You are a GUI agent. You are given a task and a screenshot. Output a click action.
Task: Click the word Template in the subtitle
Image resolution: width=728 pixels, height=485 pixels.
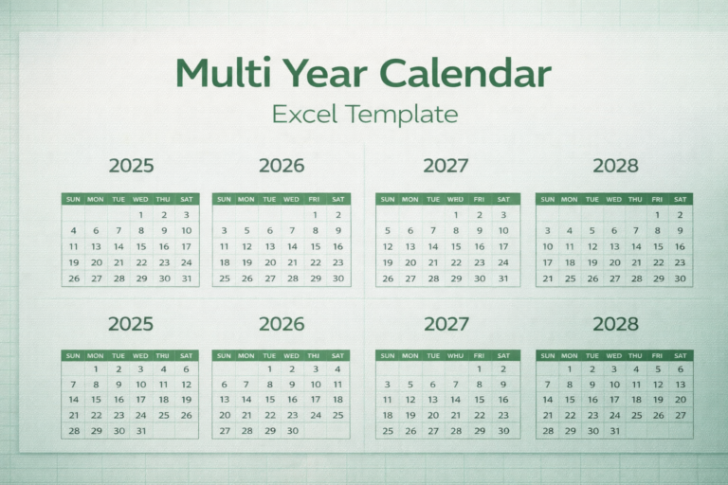[x=401, y=116]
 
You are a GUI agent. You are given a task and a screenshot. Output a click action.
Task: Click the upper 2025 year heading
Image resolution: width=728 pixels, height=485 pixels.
[x=131, y=166]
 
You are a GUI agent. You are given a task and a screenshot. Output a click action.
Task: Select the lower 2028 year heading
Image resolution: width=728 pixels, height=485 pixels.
[x=616, y=324]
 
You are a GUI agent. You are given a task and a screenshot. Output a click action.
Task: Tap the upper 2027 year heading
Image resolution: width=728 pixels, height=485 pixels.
[x=446, y=166]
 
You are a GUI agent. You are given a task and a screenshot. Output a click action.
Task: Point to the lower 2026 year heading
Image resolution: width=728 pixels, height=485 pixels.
[x=282, y=324]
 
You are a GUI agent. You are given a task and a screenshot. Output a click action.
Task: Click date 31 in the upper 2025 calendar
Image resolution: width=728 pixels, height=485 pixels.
[x=187, y=278]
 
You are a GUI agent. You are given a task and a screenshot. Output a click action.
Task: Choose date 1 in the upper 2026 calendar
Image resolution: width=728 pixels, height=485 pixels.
[x=315, y=215]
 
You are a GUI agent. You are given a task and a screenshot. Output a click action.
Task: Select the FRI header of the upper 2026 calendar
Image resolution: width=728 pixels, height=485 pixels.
[x=315, y=199]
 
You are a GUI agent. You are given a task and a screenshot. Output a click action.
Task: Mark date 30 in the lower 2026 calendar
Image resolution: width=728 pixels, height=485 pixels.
[x=293, y=430]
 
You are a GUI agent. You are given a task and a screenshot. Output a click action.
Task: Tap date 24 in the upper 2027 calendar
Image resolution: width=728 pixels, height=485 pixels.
[x=503, y=262]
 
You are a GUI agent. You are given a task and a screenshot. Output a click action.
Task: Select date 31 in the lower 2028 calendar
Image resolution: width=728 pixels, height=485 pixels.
[x=614, y=430]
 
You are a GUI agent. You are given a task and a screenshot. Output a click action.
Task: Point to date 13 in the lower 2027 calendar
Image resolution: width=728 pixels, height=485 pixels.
[x=433, y=400]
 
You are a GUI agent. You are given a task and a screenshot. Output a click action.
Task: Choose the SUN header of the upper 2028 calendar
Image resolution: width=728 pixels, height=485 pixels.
[x=547, y=199]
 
